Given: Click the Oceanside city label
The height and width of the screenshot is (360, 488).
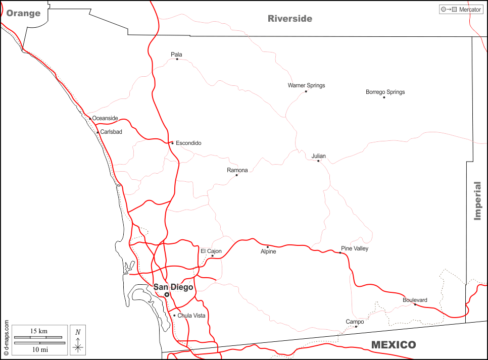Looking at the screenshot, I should (105, 118).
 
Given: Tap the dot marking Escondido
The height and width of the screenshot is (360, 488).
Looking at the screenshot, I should (172, 143).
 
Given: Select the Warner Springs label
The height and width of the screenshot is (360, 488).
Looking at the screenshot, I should (306, 85).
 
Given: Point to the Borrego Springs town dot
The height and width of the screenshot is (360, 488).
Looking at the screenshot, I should (384, 97).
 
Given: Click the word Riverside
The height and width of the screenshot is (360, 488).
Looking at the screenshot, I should (290, 19).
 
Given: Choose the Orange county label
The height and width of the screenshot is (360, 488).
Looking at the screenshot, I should (23, 13).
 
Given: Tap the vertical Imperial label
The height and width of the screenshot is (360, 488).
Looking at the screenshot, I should (477, 201).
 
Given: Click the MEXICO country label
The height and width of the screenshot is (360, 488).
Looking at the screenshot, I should (394, 345).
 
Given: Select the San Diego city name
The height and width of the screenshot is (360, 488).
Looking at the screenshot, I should (173, 287).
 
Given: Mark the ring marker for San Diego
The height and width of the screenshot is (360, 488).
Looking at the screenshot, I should (167, 294).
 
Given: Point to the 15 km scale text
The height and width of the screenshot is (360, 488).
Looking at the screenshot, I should (38, 331).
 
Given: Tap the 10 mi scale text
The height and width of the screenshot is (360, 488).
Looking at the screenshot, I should (38, 349).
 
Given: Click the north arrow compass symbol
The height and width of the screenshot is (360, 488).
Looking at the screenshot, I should (78, 340).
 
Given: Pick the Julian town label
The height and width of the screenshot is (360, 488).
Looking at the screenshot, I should (318, 156).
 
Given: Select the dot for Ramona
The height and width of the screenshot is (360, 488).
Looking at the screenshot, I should (236, 175).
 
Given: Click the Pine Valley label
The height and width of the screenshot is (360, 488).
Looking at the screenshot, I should (355, 248).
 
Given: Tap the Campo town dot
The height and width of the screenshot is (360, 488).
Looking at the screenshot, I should (356, 327).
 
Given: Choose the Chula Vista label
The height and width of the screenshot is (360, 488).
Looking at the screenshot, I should (191, 316).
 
